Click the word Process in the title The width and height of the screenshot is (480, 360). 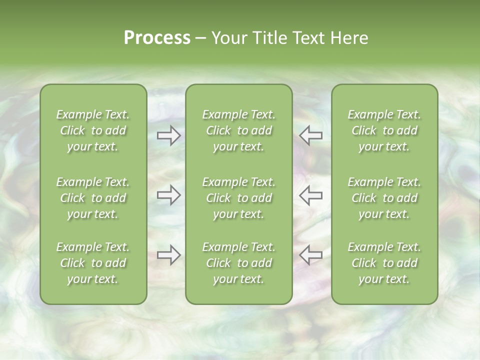[157, 38]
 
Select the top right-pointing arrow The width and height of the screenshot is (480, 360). [169, 135]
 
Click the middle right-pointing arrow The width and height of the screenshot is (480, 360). [169, 195]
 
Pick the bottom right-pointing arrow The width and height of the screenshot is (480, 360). [169, 255]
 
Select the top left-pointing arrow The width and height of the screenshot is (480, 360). [310, 135]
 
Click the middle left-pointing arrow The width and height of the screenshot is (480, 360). [310, 195]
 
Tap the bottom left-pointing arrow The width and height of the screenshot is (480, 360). [310, 255]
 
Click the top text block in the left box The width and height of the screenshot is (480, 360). [93, 130]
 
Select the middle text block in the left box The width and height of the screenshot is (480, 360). [93, 198]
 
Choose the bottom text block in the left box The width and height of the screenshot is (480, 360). [93, 263]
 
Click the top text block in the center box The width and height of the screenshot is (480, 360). [238, 130]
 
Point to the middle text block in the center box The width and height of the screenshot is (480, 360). [238, 198]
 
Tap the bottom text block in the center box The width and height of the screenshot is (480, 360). [238, 263]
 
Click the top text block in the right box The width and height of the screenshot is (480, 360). [384, 130]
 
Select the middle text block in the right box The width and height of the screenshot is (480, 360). [384, 198]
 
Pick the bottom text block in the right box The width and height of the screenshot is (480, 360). [384, 263]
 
